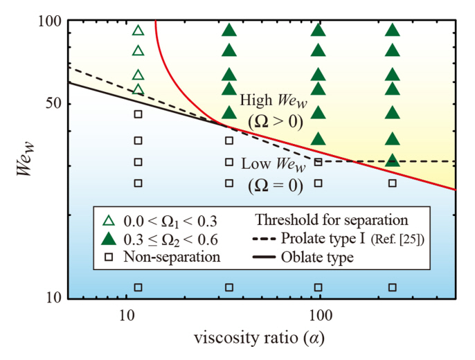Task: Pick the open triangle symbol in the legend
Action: pyautogui.click(x=109, y=222)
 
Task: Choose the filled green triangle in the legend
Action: pyautogui.click(x=109, y=240)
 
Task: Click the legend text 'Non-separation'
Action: pyautogui.click(x=172, y=258)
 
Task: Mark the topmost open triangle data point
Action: pyautogui.click(x=138, y=30)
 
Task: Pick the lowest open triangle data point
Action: pyautogui.click(x=138, y=89)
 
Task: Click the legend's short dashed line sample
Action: pyautogui.click(x=265, y=240)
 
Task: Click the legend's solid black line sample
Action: pyautogui.click(x=265, y=258)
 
